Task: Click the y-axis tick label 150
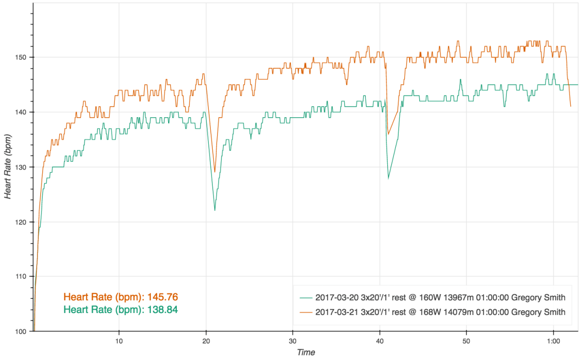21,57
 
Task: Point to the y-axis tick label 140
21,112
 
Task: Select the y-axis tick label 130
21,167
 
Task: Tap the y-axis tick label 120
21,222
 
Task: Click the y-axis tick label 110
21,277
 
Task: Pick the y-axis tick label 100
21,331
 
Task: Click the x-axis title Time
306,353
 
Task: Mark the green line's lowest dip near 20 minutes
215,210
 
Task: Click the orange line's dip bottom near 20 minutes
215,172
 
